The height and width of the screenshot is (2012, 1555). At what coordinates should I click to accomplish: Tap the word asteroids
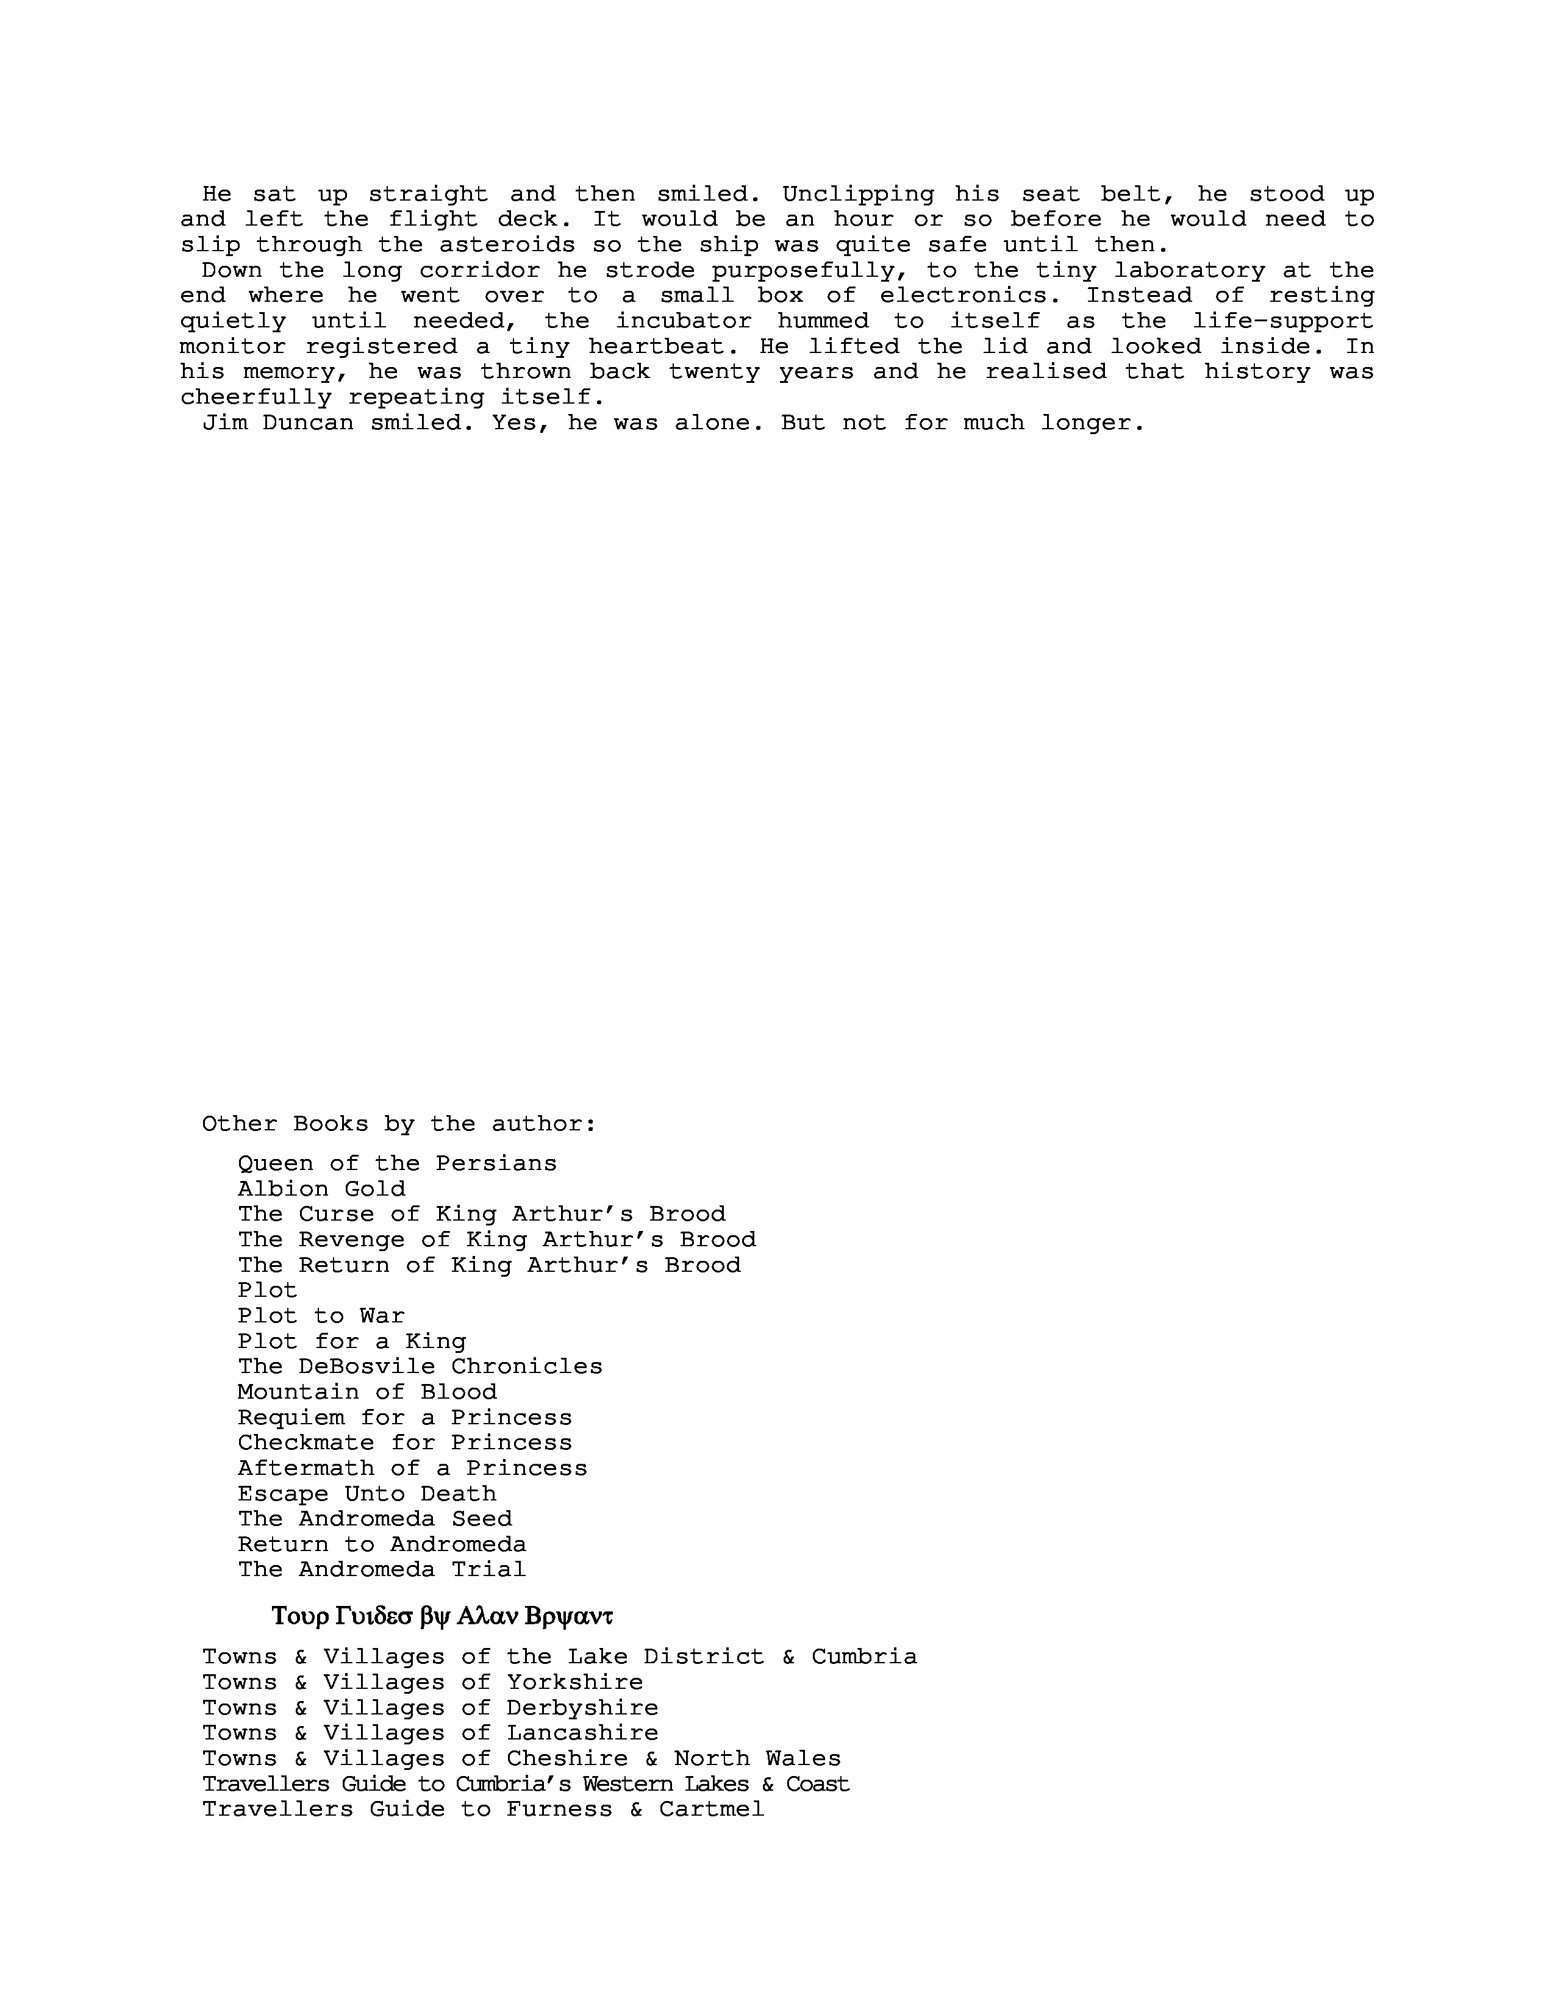click(507, 245)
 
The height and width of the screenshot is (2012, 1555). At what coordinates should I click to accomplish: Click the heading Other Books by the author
click(399, 1124)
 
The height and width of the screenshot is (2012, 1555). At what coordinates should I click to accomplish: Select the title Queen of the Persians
click(397, 1163)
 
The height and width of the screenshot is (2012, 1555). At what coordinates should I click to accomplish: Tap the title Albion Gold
click(321, 1188)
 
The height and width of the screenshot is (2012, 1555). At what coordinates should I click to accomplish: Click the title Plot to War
click(321, 1316)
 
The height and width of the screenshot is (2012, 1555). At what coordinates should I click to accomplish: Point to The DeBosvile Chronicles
click(420, 1366)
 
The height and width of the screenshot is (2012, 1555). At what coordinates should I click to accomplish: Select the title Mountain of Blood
click(366, 1392)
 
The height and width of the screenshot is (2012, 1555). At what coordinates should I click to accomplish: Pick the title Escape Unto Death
click(366, 1493)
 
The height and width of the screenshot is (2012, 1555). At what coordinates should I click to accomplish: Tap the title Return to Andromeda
click(381, 1544)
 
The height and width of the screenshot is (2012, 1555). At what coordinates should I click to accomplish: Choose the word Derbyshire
click(582, 1708)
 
